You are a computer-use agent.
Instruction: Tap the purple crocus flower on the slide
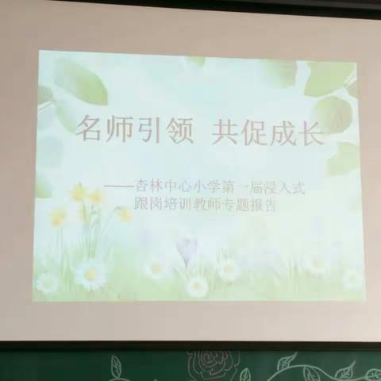point(185,248)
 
